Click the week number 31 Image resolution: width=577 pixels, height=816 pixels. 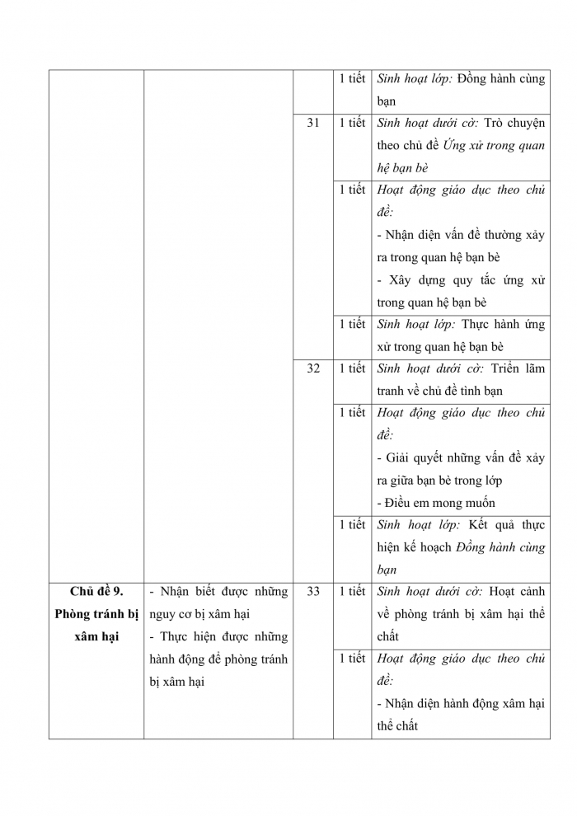[x=313, y=123]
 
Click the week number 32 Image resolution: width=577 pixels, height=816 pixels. [x=313, y=368]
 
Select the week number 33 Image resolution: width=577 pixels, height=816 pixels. [x=313, y=591]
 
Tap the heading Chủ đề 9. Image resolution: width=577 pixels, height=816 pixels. [x=96, y=591]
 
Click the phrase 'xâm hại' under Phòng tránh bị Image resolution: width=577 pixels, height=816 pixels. [x=96, y=636]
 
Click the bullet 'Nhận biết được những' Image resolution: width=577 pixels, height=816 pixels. [x=218, y=591]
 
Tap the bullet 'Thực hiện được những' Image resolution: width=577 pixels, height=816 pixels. [x=218, y=636]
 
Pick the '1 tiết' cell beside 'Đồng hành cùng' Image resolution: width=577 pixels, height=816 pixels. [x=352, y=78]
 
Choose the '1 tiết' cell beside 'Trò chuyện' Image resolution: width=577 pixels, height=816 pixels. [x=352, y=123]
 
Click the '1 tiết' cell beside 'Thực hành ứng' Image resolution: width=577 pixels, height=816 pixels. [x=352, y=324]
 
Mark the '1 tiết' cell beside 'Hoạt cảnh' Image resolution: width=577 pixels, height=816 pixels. [x=352, y=591]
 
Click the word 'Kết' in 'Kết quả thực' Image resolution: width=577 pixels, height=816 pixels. [x=480, y=525]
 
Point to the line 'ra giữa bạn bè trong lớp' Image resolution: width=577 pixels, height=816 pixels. [x=439, y=481]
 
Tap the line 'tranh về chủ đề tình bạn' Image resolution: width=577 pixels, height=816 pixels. [x=439, y=391]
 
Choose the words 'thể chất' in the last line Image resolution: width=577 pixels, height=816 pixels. [x=397, y=726]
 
